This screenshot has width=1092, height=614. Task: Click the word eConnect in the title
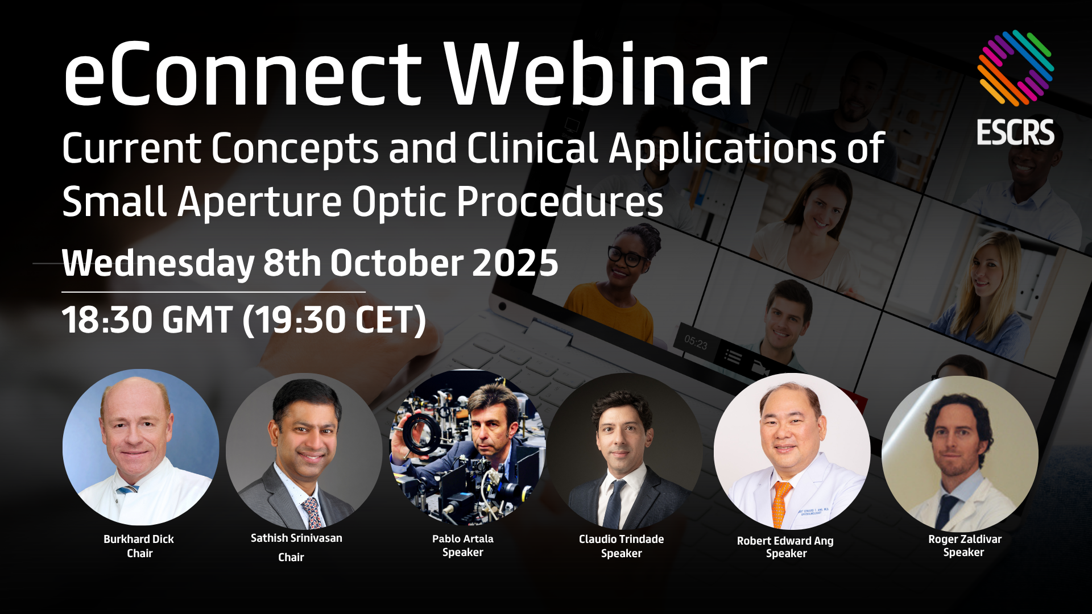coord(242,74)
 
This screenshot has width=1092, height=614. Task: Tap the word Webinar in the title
coord(606,74)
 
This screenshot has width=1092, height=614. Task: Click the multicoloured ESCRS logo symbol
coord(1015,68)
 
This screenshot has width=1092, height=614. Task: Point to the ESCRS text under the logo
coord(1015,132)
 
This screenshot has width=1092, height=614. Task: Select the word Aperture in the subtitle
coord(259,202)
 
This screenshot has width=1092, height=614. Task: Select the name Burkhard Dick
coord(139,539)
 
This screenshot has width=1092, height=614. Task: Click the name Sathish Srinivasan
coord(296,538)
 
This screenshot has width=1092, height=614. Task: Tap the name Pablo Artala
coord(463,538)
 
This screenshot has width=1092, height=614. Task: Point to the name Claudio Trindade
coord(621,539)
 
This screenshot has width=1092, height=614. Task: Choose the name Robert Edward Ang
coord(785,541)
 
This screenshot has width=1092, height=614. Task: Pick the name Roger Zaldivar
coord(965,539)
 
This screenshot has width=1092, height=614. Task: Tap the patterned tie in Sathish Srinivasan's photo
coord(312,512)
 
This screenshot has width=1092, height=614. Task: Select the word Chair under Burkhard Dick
coord(140,553)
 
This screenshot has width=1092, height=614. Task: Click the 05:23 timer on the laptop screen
coord(696,343)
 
